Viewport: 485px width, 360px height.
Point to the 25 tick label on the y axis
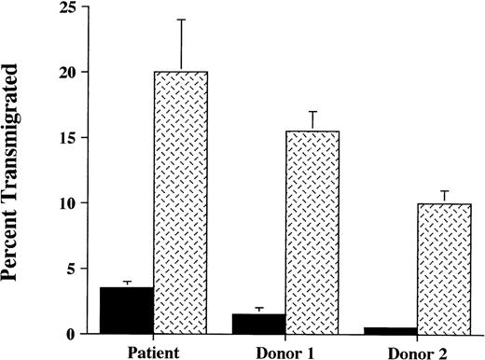pyautogui.click(x=64, y=7)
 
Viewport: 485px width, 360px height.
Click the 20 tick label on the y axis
pyautogui.click(x=64, y=73)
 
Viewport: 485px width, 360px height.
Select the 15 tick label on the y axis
pyautogui.click(x=64, y=138)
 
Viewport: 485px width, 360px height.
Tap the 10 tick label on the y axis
pyautogui.click(x=64, y=203)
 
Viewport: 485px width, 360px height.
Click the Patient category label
pyautogui.click(x=154, y=351)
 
